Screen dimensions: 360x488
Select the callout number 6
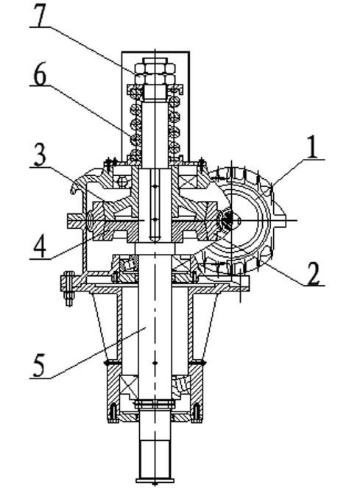coord(40,74)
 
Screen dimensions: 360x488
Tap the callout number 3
coord(40,155)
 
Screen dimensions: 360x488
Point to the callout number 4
coord(40,245)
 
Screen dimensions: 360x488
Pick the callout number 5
coord(39,365)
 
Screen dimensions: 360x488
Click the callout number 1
coord(312,147)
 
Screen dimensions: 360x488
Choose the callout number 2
coord(314,273)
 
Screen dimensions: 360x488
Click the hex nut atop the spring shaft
coord(155,71)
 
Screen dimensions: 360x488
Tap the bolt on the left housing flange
coord(68,289)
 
